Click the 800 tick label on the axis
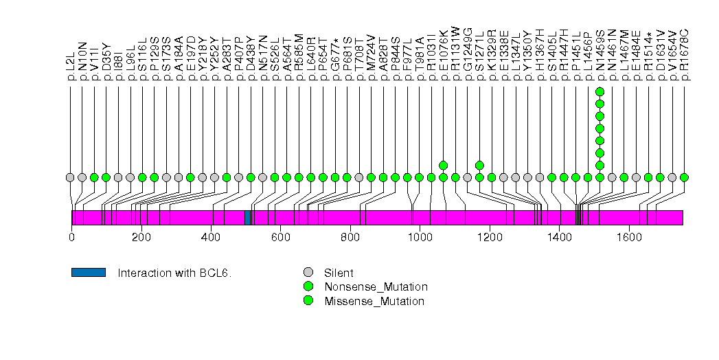click(x=350, y=238)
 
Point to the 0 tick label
click(x=71, y=238)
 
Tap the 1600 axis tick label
click(x=629, y=238)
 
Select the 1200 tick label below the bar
click(x=490, y=238)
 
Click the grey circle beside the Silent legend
click(x=308, y=272)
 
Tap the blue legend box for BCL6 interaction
click(x=88, y=272)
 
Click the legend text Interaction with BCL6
click(x=174, y=273)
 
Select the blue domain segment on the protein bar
click(x=247, y=217)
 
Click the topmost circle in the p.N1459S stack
click(x=600, y=92)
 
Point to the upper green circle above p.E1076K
click(x=443, y=165)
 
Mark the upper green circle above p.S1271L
click(x=479, y=165)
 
